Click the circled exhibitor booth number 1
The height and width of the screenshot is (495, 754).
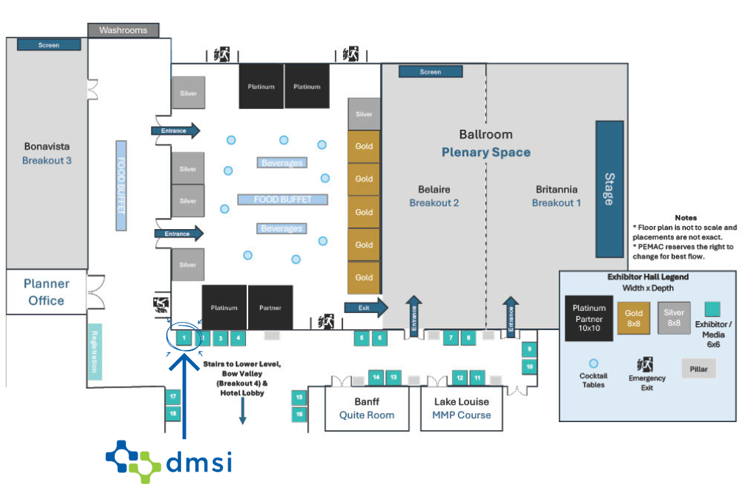(x=183, y=338)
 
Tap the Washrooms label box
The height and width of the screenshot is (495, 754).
(x=123, y=30)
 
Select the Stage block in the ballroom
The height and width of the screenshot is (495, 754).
(x=609, y=189)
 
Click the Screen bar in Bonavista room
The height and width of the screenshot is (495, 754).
(x=49, y=45)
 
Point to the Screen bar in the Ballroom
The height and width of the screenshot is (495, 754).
(x=431, y=71)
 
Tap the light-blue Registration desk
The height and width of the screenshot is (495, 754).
(x=95, y=352)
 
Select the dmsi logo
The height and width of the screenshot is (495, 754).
(x=169, y=461)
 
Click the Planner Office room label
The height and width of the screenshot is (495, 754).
(x=46, y=292)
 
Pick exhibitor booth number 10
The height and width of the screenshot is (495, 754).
(x=529, y=365)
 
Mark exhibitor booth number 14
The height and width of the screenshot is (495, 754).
(x=376, y=377)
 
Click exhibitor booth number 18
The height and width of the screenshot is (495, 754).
(x=173, y=413)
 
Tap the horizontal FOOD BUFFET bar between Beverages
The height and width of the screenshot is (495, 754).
(x=282, y=200)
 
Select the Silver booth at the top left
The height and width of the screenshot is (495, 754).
(x=188, y=93)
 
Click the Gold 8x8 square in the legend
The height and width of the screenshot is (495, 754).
(x=634, y=318)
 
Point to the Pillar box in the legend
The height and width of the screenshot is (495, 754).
(x=698, y=368)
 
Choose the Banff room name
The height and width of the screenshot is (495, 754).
(x=367, y=401)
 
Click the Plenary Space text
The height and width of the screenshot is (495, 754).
(x=485, y=152)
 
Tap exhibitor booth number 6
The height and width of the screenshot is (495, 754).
(x=378, y=338)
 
